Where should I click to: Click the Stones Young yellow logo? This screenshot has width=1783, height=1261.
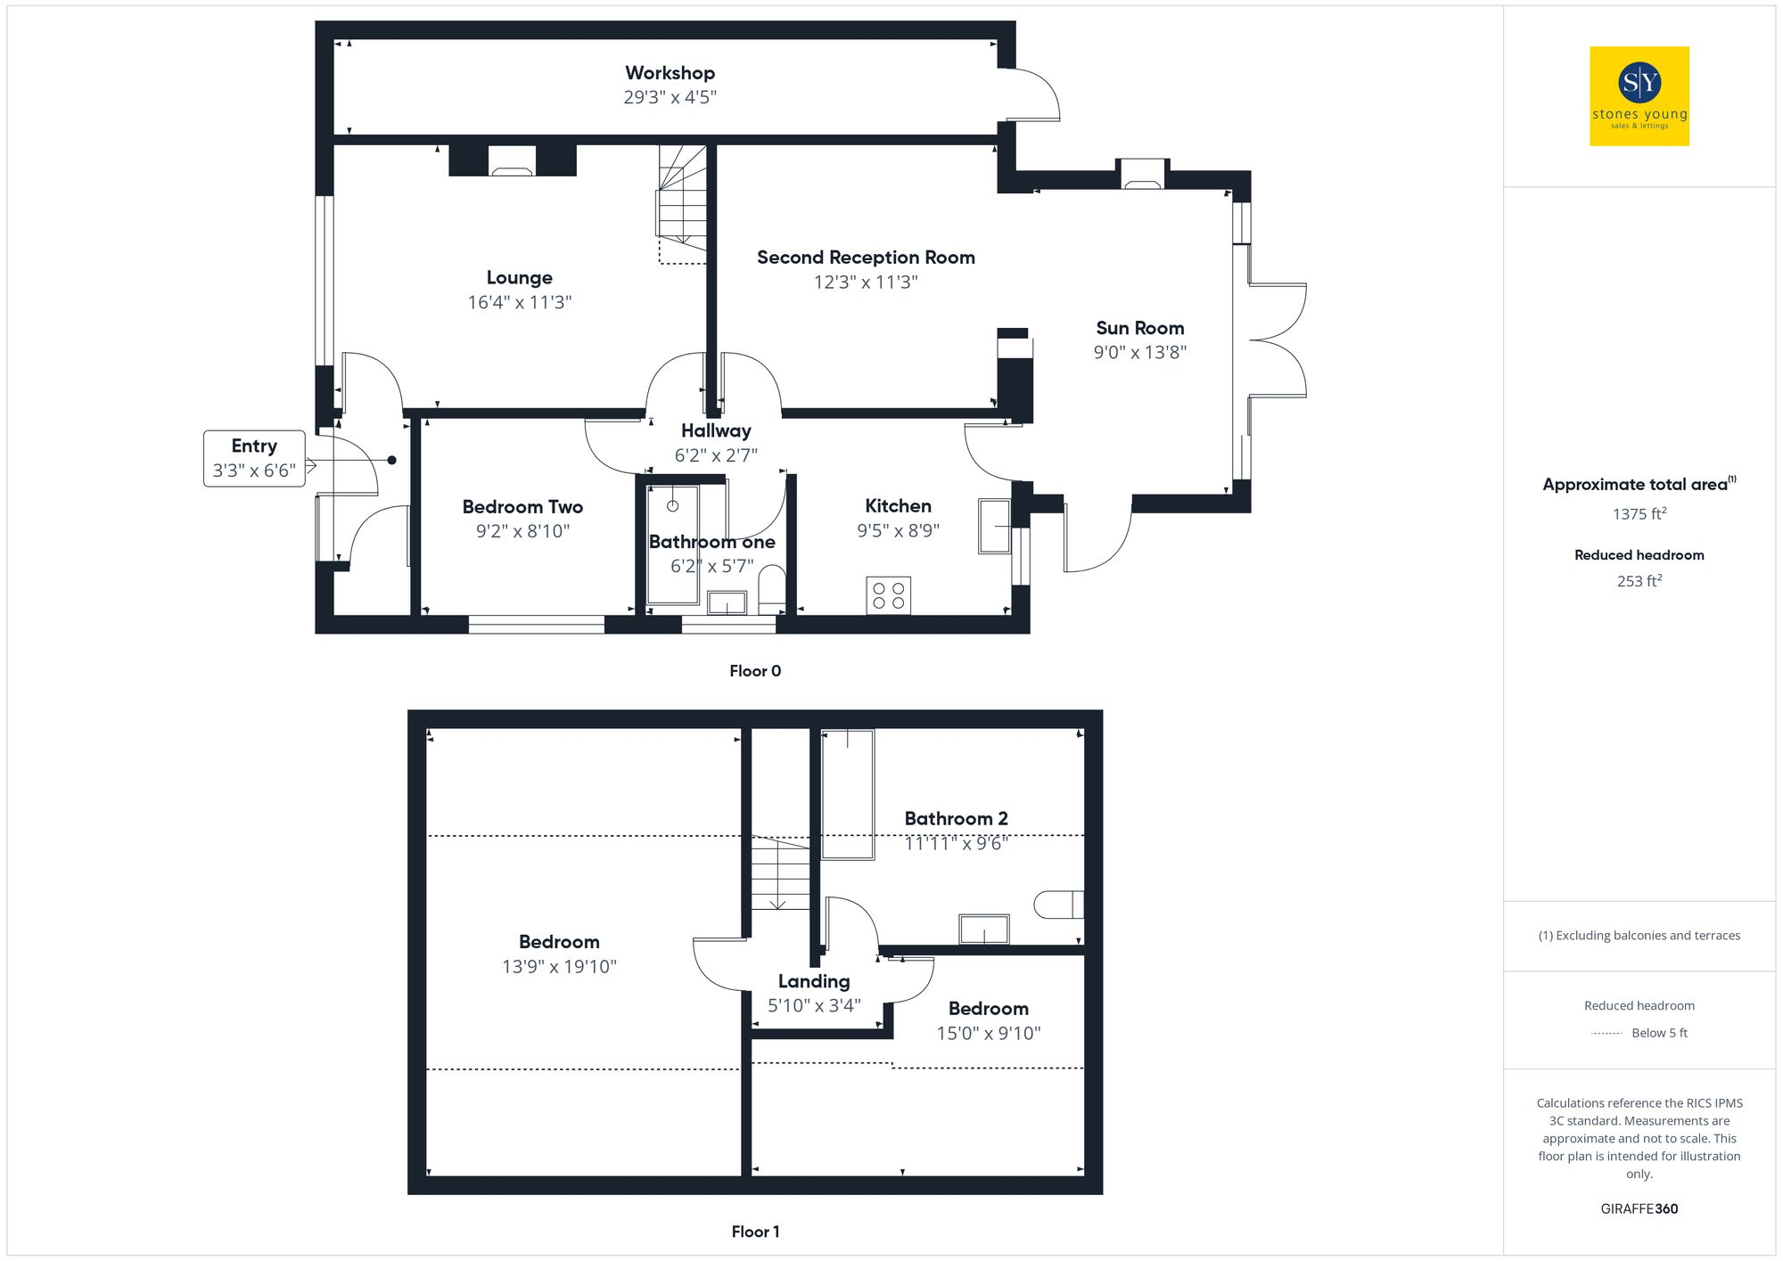(x=1639, y=95)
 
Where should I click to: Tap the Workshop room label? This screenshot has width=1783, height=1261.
(x=670, y=73)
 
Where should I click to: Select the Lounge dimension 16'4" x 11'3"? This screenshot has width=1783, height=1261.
(x=520, y=302)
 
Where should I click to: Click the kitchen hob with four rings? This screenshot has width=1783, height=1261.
(x=888, y=596)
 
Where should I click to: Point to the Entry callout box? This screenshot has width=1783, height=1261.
(x=254, y=458)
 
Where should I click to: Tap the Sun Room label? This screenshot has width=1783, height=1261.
(x=1139, y=328)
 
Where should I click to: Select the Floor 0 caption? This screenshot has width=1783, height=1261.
(x=754, y=671)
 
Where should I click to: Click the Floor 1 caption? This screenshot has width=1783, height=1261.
(x=754, y=1232)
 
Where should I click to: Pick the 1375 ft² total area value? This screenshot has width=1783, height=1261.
(x=1639, y=514)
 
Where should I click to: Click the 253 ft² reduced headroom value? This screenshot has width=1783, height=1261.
(x=1639, y=581)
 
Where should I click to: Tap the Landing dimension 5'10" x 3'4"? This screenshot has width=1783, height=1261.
(x=814, y=1005)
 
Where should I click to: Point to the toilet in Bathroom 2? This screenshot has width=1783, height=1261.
(x=1058, y=905)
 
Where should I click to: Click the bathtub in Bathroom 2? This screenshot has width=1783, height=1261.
(x=847, y=794)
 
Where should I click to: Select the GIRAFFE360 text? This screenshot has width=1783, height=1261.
(x=1639, y=1209)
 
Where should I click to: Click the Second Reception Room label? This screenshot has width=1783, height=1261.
(x=866, y=258)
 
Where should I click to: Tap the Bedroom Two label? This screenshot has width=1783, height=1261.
(x=522, y=507)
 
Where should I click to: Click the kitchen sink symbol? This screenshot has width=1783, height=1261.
(x=994, y=526)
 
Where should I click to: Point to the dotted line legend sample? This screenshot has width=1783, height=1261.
(x=1606, y=1034)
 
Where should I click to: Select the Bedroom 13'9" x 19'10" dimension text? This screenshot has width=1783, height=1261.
(x=559, y=966)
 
